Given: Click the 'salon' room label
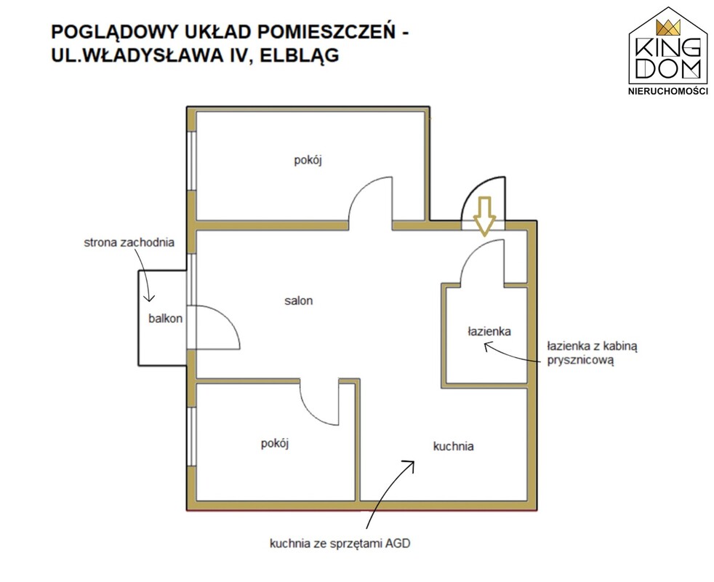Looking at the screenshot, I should [299, 300].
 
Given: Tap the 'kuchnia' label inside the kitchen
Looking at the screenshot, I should [453, 446].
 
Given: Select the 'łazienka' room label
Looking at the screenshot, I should [489, 331].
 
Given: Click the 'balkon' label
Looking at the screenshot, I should [165, 318].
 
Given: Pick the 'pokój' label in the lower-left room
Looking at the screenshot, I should [276, 443].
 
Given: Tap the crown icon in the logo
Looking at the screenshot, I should [667, 28].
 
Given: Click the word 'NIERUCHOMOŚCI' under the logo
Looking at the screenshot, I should [667, 91].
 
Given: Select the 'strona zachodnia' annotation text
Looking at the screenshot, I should [129, 243].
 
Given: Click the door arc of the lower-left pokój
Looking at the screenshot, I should [314, 404].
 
